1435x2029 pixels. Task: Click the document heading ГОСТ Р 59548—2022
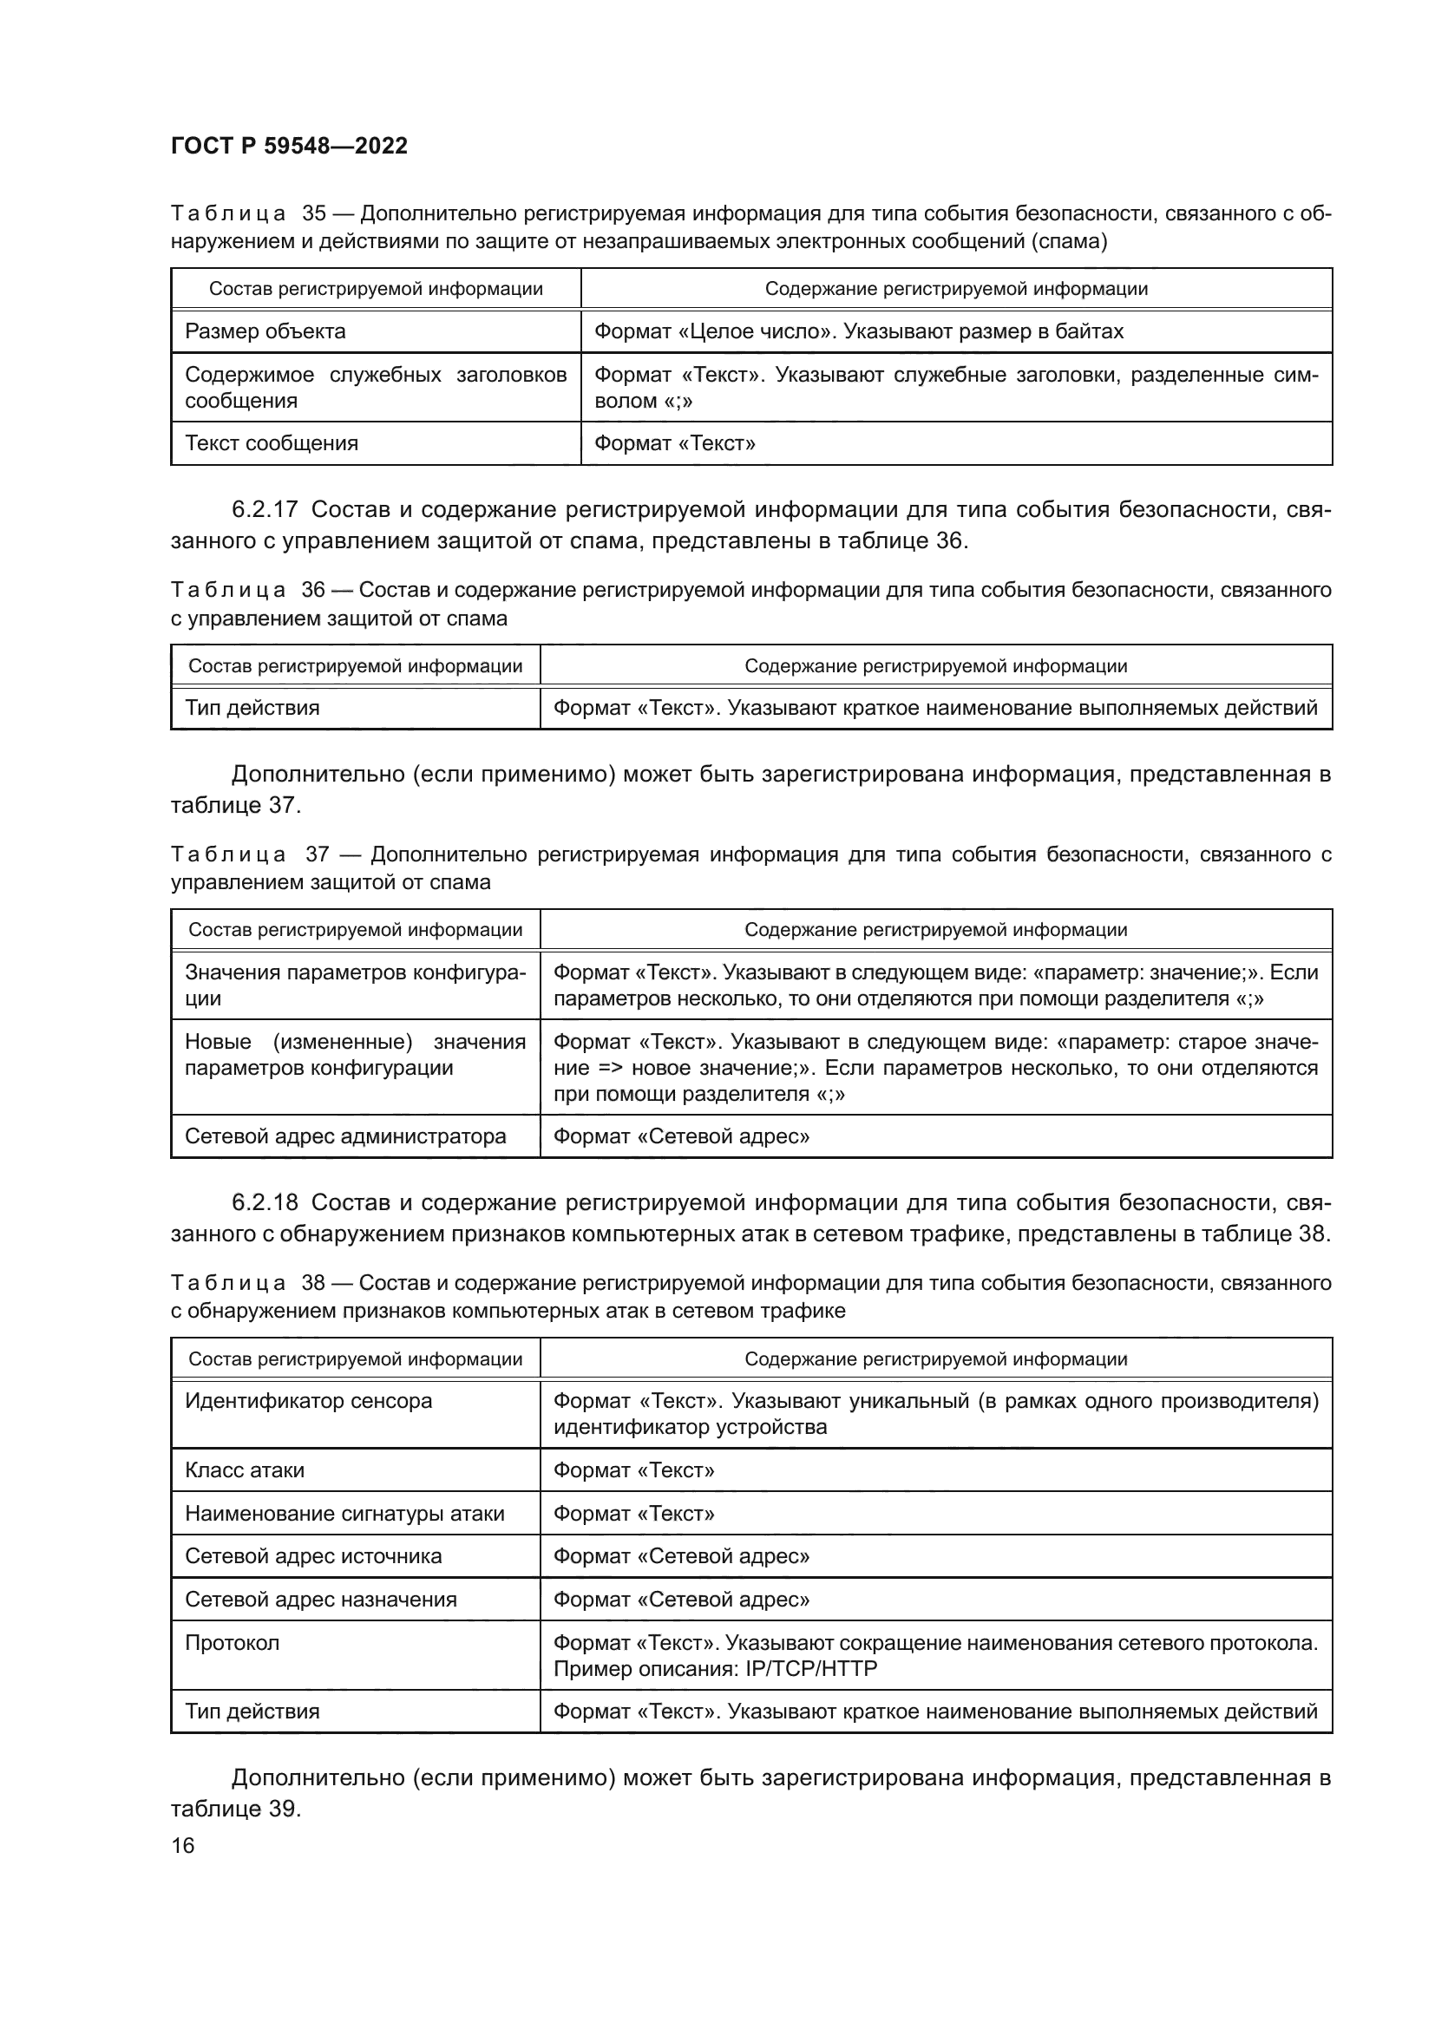point(289,146)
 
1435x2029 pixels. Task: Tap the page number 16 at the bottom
point(183,1845)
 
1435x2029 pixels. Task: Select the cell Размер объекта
point(265,331)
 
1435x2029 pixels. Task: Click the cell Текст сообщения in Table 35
point(272,443)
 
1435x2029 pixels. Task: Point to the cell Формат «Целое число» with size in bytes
point(858,331)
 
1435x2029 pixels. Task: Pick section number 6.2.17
point(265,510)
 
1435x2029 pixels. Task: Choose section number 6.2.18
point(265,1202)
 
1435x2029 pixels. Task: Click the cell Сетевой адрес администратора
point(345,1136)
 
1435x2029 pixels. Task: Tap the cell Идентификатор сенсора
point(308,1402)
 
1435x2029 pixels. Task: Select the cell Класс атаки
point(245,1470)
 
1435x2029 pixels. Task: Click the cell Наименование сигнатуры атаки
point(344,1514)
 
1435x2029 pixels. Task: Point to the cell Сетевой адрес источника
point(313,1557)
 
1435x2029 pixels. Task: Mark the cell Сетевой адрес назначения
point(321,1600)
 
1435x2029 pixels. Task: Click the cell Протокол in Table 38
point(232,1644)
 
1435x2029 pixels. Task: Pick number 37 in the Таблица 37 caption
point(318,854)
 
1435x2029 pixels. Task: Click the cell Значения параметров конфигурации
point(354,985)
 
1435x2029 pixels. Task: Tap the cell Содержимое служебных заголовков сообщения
point(375,387)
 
